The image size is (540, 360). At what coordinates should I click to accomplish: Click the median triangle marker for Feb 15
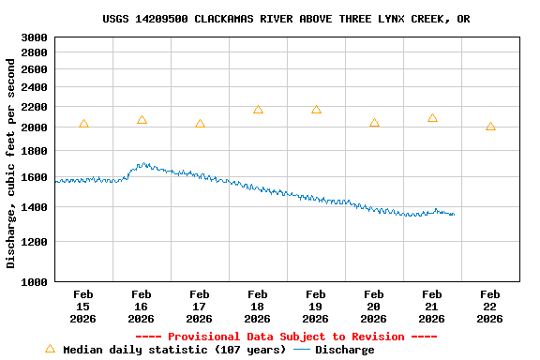[83, 124]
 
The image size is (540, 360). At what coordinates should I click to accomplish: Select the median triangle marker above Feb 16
[142, 120]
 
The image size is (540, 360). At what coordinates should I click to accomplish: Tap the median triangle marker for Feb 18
[258, 110]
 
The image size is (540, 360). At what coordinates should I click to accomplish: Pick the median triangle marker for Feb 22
[490, 127]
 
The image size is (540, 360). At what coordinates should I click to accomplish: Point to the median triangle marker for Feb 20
[374, 123]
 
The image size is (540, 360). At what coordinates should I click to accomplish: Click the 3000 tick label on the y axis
[33, 37]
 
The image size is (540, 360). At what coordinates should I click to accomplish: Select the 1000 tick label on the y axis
[33, 281]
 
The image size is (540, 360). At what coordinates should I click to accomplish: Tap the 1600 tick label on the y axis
[33, 177]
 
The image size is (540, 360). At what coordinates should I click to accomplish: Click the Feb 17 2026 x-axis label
[200, 307]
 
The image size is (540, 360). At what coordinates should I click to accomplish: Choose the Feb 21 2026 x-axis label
[432, 307]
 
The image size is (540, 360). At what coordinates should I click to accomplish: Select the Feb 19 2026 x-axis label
[316, 307]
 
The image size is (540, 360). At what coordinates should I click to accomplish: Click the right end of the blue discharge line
[454, 215]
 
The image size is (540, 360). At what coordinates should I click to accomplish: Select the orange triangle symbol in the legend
[50, 349]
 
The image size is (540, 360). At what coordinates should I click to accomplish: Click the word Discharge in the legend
[344, 350]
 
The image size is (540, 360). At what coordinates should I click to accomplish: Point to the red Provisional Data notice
[286, 337]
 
